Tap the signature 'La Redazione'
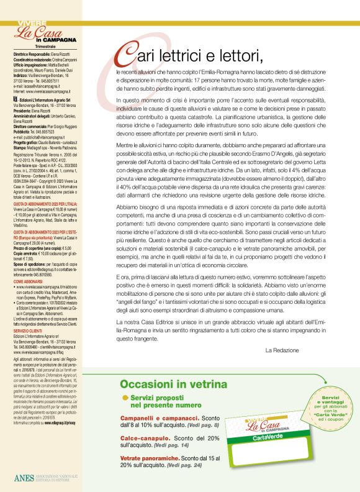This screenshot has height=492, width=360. pyautogui.click(x=282, y=350)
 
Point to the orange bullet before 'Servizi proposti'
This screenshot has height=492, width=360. pyautogui.click(x=125, y=397)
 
